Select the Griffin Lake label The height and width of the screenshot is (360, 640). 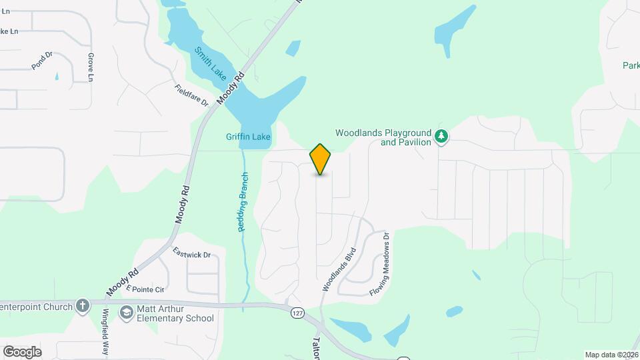tap(248, 137)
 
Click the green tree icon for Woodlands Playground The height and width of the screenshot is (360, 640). tap(441, 137)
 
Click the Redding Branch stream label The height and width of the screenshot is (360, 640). tap(244, 202)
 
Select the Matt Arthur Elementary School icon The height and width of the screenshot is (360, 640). tap(125, 312)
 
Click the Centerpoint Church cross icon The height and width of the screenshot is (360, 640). tap(82, 306)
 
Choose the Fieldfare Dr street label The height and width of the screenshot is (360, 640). tap(192, 95)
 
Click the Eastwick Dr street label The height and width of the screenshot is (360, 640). tap(191, 254)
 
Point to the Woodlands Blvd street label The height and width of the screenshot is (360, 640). tap(339, 269)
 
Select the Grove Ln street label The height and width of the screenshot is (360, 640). tap(90, 67)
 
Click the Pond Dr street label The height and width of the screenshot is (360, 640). tap(41, 61)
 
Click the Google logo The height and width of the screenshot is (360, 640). tap(22, 351)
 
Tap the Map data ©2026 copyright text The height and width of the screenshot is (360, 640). tap(611, 355)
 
